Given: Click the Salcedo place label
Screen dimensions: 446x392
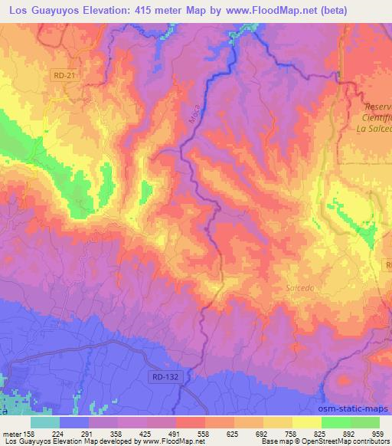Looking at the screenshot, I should [299, 287].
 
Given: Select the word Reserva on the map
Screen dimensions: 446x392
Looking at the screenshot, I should [378, 107].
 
